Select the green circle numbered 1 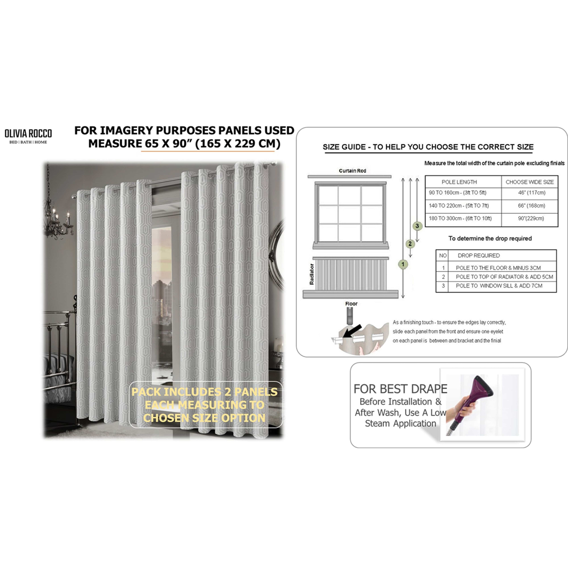[x=403, y=264]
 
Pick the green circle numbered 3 [x=417, y=226]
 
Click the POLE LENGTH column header [x=459, y=182]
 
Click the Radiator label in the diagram [x=312, y=274]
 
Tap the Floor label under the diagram [x=351, y=303]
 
